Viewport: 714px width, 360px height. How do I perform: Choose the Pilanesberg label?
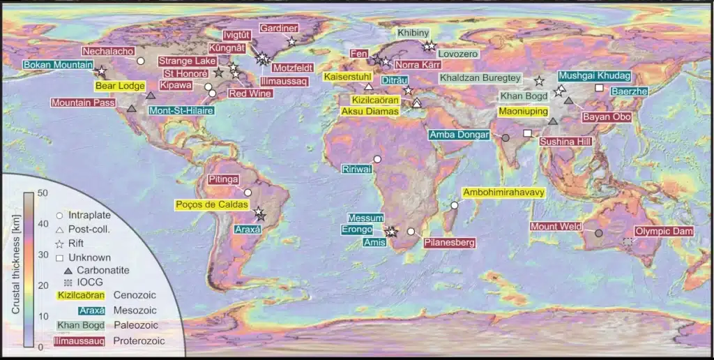coord(450,243)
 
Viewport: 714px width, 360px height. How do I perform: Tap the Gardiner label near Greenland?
coord(279,29)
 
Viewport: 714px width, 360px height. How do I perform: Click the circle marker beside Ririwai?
coord(377,159)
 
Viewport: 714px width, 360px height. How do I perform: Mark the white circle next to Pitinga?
coord(248,192)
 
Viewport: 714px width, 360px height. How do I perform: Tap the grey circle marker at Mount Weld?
coord(598,232)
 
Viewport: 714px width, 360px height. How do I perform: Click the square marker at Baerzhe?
coord(598,87)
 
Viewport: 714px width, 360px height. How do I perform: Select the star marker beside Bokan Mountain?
coord(101,71)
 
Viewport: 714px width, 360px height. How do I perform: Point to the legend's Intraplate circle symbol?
coord(60,216)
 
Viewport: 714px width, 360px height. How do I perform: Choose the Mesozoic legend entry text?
coord(137,310)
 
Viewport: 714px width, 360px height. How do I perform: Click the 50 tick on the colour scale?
coord(41,193)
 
